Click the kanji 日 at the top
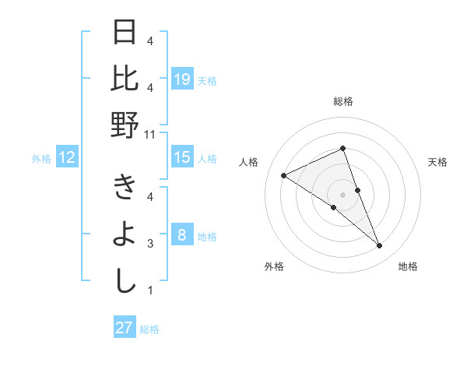[125, 33]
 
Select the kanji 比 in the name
[125, 79]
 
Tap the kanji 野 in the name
[125, 125]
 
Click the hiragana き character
[125, 189]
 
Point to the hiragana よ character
[125, 235]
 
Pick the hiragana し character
[125, 281]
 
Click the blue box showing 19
[182, 79]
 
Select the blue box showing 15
[182, 157]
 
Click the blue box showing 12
[67, 158]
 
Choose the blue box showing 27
[125, 328]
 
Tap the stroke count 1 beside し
[151, 291]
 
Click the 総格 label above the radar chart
[342, 101]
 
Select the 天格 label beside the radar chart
[438, 162]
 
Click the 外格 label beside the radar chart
[274, 266]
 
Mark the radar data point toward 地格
[380, 246]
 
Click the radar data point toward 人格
[284, 175]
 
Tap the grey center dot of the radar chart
[342, 195]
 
